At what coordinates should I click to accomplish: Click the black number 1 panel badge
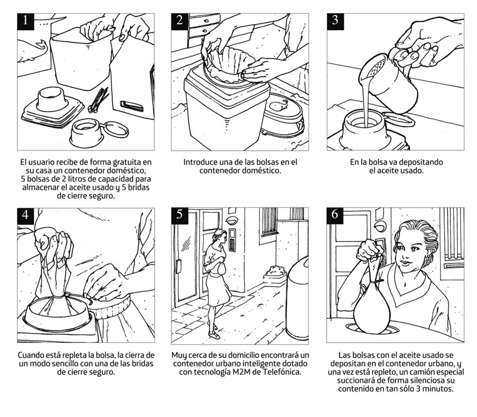[26, 22]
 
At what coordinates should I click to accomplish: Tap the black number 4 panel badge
[26, 216]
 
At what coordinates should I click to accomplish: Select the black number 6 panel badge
[335, 216]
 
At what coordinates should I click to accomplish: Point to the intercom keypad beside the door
[232, 240]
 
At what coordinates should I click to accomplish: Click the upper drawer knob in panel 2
[206, 21]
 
